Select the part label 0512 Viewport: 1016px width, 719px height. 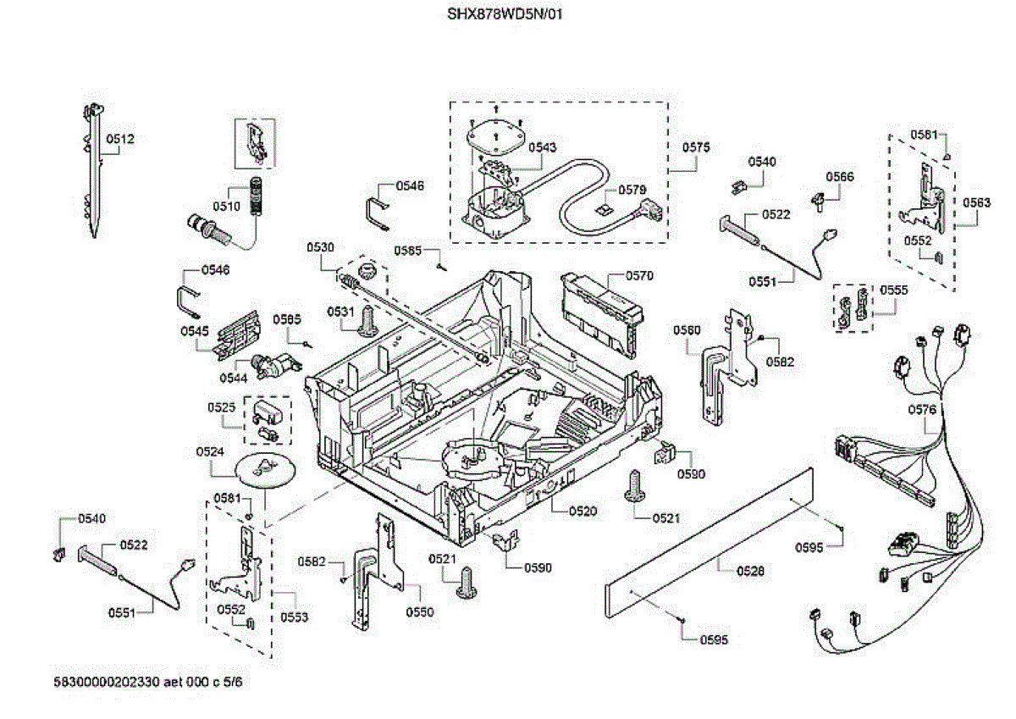[x=120, y=139]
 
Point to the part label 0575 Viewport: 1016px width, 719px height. [x=696, y=147]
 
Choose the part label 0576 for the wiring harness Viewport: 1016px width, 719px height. [x=922, y=410]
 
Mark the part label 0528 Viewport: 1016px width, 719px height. [x=750, y=572]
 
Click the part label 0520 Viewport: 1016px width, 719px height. [x=583, y=511]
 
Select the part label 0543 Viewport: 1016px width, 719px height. [x=542, y=147]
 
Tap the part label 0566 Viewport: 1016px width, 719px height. [x=840, y=177]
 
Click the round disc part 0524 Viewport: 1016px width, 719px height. [x=263, y=467]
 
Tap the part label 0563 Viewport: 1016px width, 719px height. [x=976, y=202]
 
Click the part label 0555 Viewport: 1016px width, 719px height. [x=893, y=289]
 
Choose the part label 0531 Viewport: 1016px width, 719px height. [x=340, y=312]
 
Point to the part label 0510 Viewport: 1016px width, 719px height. [x=226, y=206]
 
